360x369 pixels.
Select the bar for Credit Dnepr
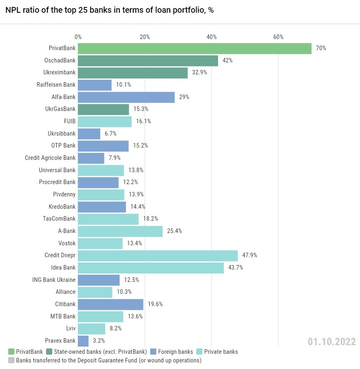[158, 256]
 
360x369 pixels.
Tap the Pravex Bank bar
[83, 341]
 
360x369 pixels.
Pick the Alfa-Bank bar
[126, 97]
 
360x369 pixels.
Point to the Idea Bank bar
[151, 268]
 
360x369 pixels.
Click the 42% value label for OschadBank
[228, 61]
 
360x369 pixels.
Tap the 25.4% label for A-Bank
[174, 231]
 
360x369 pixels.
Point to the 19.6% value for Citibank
[155, 304]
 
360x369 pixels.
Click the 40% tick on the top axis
[211, 37]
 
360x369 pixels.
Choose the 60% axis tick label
[278, 37]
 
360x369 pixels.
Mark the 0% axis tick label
[78, 37]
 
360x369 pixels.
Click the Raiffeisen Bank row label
[56, 85]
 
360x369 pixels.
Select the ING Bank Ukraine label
[54, 280]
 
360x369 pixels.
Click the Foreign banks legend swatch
[153, 352]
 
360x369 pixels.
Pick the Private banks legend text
[221, 352]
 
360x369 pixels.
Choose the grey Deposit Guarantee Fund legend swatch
[11, 360]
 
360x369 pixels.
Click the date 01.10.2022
[331, 342]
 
